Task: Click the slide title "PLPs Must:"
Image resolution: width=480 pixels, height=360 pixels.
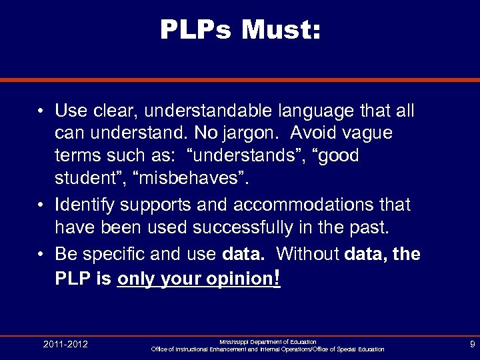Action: point(240,29)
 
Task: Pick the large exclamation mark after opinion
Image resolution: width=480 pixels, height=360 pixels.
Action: point(277,277)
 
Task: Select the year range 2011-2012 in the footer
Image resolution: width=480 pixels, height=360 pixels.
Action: point(65,345)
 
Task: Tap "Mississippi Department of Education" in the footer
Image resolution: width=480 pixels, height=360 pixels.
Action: point(267,341)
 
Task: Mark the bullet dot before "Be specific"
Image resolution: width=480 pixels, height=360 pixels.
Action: point(41,254)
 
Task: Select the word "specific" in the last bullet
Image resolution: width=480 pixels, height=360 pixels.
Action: point(125,254)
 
